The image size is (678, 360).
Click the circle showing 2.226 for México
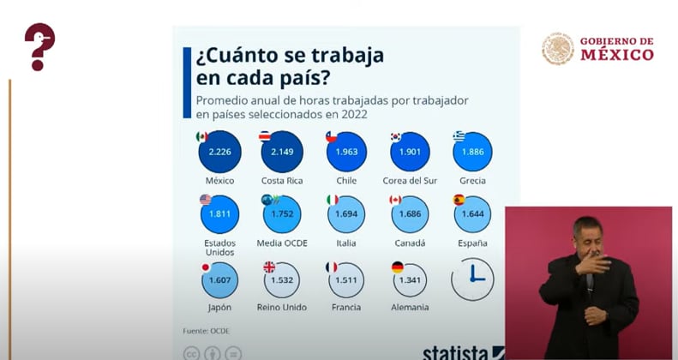[219, 152]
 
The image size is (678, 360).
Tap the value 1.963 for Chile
[346, 152]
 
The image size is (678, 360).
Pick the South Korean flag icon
[395, 136]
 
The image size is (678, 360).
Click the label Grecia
[472, 181]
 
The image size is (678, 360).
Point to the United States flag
[206, 200]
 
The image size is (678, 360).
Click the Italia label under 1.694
[346, 243]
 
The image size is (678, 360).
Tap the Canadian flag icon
[395, 200]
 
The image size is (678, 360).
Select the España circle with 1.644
[472, 214]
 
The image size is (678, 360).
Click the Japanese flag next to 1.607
[206, 267]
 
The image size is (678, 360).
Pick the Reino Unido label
[282, 307]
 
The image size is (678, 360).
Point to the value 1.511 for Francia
[346, 280]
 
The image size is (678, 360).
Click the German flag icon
[397, 267]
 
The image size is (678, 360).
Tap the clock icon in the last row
[472, 279]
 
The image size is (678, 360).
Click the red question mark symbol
[39, 46]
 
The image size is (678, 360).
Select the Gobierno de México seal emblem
[558, 49]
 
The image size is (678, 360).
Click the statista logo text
[455, 352]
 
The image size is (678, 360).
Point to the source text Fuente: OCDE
[207, 331]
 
